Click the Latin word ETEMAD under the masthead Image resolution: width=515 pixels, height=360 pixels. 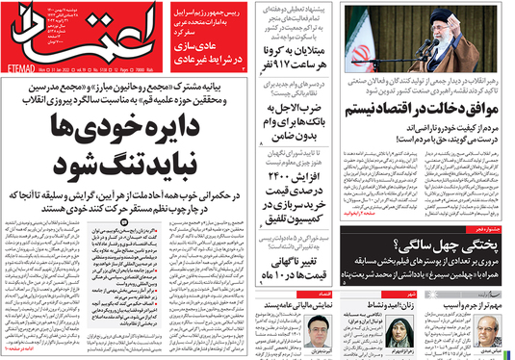pos(22,70)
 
